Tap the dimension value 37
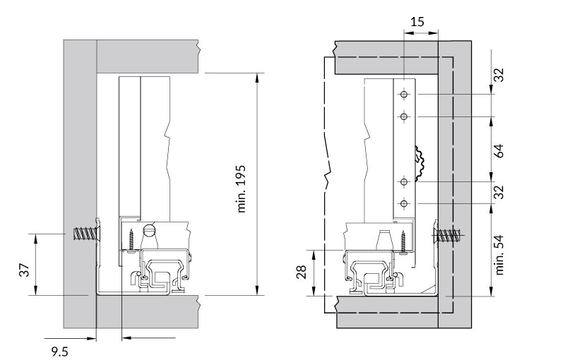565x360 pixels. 23,270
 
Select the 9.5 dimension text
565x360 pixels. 59,348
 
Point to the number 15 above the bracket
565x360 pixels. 417,22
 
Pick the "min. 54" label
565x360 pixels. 499,255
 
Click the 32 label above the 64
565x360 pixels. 499,75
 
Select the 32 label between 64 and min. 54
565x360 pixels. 499,192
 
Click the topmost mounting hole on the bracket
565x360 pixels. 403,95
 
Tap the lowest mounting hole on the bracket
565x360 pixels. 403,204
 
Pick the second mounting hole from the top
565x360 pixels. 403,116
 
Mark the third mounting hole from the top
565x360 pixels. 403,182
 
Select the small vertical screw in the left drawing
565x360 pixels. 132,236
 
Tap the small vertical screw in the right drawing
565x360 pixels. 403,241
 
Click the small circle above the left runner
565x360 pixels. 150,229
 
